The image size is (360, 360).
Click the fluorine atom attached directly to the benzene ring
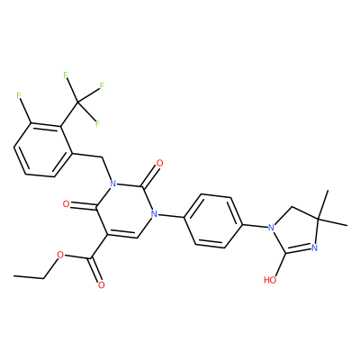[x=19, y=95]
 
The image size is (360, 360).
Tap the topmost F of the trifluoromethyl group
[x=66, y=75]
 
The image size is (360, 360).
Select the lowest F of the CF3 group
[x=97, y=123]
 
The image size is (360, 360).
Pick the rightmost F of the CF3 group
[x=102, y=86]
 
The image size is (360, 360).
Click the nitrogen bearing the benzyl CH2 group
[x=112, y=184]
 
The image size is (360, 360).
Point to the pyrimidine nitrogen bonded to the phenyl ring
[x=154, y=214]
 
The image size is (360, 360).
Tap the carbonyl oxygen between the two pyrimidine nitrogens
[x=160, y=164]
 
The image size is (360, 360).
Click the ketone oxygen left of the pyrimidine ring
[x=66, y=204]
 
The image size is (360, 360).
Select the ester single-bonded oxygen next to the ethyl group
[x=60, y=256]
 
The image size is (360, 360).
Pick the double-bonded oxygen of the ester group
[x=102, y=284]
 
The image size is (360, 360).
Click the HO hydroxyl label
[x=270, y=280]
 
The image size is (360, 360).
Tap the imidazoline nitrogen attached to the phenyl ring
[x=272, y=228]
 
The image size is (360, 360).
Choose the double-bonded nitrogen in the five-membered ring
[x=314, y=247]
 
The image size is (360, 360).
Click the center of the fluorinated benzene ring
[x=43, y=150]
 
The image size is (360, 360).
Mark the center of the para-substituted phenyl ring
[x=213, y=221]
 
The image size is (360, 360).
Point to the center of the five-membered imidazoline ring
[x=296, y=233]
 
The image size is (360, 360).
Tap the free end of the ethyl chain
[x=14, y=276]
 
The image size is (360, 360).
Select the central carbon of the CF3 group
[x=77, y=103]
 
